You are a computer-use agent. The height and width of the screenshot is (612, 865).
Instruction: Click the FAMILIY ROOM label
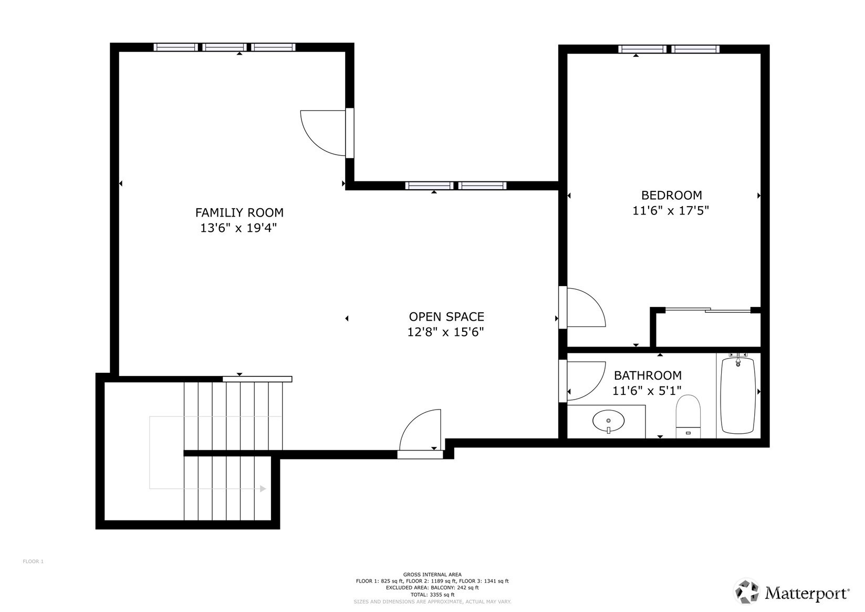coord(239,212)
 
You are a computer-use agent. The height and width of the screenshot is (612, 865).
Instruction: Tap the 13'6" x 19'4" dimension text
coord(238,228)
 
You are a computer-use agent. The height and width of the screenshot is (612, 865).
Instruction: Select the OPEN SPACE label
coord(446,317)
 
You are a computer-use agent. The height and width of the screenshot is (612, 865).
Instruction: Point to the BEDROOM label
coord(671,195)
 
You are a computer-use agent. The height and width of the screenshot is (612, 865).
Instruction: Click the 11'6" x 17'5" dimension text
coord(671,211)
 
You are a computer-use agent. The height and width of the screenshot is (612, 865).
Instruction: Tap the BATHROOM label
coord(648,375)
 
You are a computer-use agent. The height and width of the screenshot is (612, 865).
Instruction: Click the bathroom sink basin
coord(609,421)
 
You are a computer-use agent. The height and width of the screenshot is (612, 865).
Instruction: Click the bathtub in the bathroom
coord(738,395)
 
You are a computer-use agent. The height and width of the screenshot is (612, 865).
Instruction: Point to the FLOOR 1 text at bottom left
coord(33,562)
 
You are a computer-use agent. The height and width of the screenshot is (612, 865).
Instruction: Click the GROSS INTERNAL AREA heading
coord(432,574)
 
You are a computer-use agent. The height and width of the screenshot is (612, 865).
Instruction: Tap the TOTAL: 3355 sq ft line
coord(432,595)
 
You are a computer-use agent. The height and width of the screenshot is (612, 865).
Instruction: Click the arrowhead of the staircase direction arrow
coord(263,488)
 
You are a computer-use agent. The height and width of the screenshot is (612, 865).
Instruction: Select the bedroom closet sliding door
coord(707,310)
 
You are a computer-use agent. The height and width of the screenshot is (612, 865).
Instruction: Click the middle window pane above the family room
coord(224,47)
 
